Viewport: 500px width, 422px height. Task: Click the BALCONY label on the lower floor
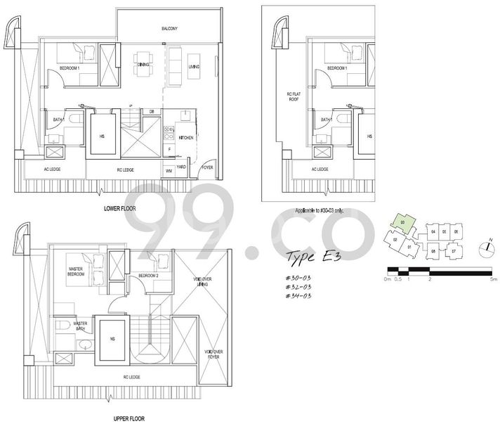[169, 28]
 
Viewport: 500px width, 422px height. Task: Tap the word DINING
[143, 65]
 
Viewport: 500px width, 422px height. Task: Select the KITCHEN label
[186, 137]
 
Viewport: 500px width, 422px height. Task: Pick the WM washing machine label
[169, 171]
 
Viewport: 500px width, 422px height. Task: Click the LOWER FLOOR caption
[119, 209]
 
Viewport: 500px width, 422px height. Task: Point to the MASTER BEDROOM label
[77, 271]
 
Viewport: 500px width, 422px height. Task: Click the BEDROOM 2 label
[147, 275]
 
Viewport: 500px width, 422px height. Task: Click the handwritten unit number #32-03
[298, 287]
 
